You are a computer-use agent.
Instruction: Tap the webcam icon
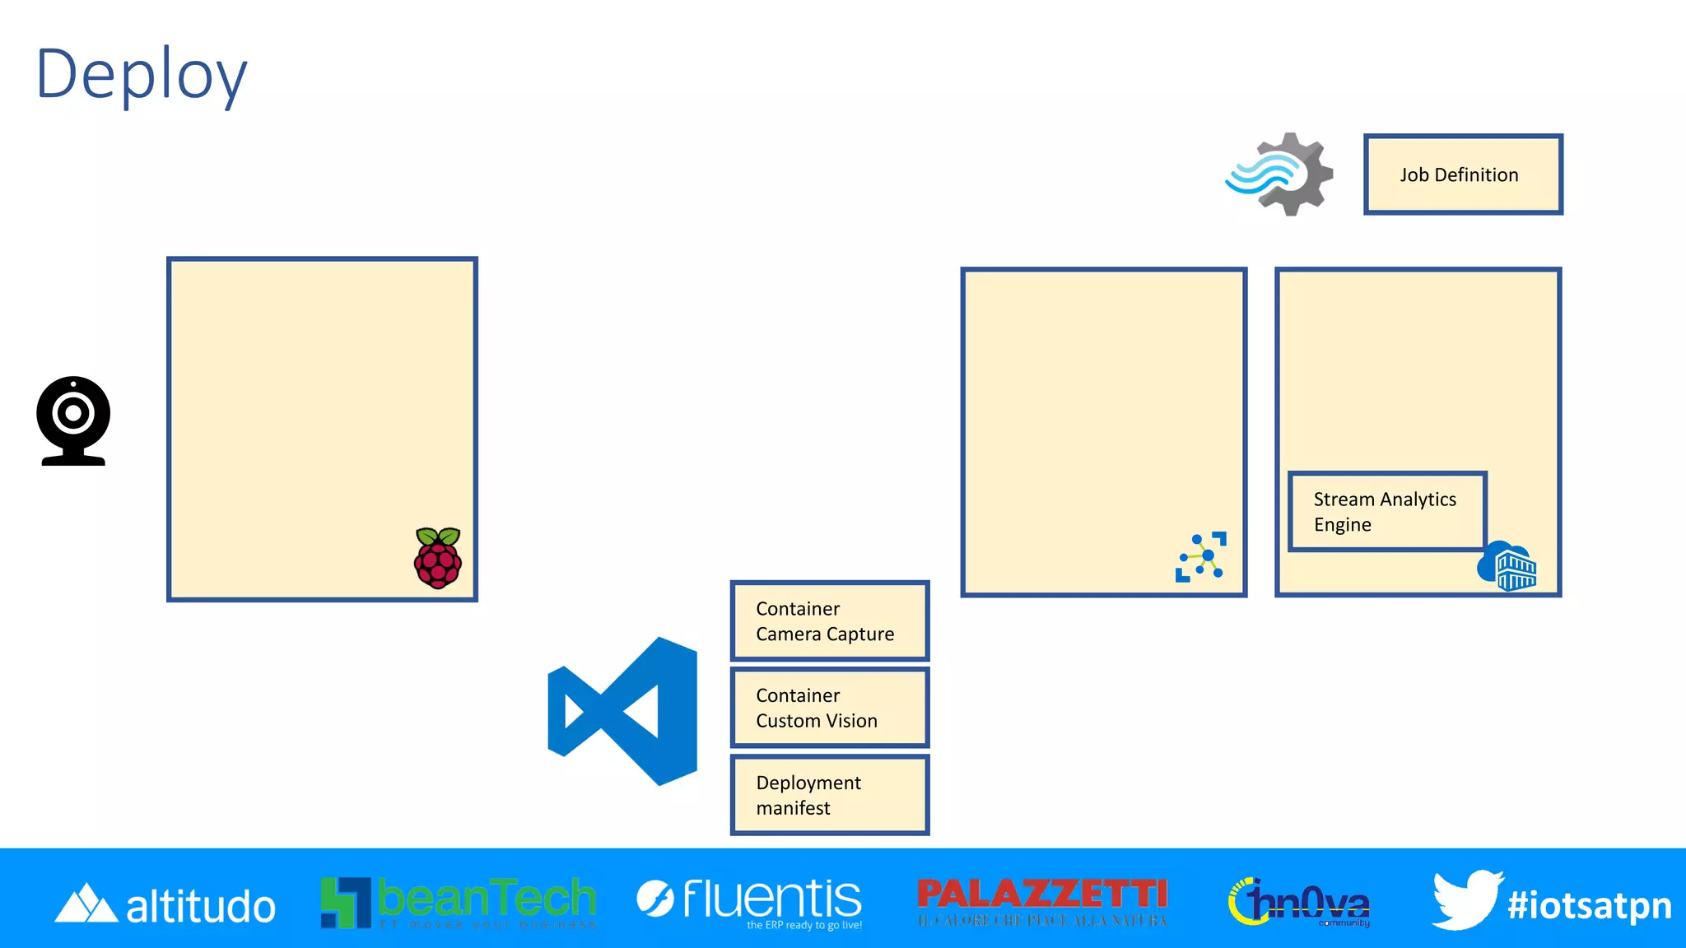point(73,421)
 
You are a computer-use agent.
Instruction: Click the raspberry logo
point(438,558)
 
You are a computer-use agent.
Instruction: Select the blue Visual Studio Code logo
point(624,710)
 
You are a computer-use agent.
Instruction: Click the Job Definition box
point(1462,174)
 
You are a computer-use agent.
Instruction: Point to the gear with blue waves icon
point(1280,174)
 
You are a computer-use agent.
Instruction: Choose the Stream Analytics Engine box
point(1386,511)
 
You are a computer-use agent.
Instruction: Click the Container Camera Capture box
point(829,621)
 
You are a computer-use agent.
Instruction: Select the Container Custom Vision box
point(829,708)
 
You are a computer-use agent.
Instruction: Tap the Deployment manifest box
point(829,795)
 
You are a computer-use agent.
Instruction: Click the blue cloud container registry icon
point(1507,566)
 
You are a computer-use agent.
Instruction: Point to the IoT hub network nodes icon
point(1201,557)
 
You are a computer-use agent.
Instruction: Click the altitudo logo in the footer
point(165,904)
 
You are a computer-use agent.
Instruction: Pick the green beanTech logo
point(458,902)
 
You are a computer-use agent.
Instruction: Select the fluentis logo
point(749,901)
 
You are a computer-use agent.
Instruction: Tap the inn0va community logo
point(1300,903)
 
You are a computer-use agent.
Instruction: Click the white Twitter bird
point(1466,899)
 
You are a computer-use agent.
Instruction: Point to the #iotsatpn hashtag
point(1589,905)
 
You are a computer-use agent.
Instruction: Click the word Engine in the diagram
point(1342,525)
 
